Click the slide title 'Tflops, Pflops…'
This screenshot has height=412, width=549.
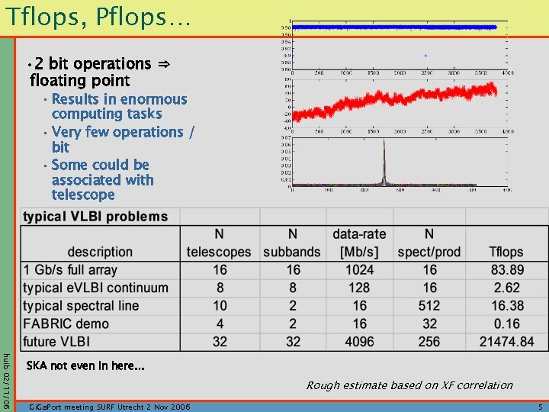tap(95, 17)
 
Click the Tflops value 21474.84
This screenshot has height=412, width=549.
tap(506, 341)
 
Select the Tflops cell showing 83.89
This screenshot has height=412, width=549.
tap(506, 269)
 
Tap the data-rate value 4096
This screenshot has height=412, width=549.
tap(359, 341)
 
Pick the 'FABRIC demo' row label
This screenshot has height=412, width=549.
tap(66, 323)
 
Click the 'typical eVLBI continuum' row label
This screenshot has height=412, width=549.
tap(95, 288)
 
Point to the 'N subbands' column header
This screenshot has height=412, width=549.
tap(292, 243)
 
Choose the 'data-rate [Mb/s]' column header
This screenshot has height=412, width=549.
tap(359, 243)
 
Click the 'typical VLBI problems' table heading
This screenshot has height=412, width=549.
tap(95, 217)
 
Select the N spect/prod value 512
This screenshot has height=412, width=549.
tap(430, 305)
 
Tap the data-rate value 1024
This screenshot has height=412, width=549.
tap(359, 269)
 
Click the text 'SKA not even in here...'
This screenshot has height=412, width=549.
tap(85, 366)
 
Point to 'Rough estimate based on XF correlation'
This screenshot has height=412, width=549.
tap(409, 385)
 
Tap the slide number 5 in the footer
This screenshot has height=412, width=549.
tap(540, 407)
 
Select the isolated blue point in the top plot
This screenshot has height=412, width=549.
tap(425, 55)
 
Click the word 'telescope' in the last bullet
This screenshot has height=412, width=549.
tap(83, 195)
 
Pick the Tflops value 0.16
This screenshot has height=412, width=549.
tap(506, 323)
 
